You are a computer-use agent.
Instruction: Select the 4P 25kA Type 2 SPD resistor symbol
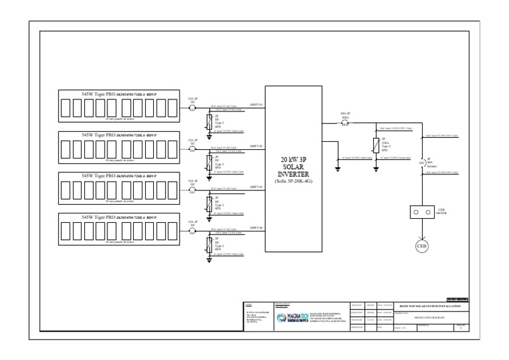click(x=375, y=145)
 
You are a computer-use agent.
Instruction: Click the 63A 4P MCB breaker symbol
click(x=345, y=123)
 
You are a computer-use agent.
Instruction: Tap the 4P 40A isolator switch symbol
click(x=422, y=161)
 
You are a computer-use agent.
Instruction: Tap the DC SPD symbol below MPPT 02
click(x=209, y=162)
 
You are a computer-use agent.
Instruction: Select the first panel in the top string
click(x=66, y=108)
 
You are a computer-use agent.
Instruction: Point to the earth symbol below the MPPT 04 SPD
click(x=209, y=261)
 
